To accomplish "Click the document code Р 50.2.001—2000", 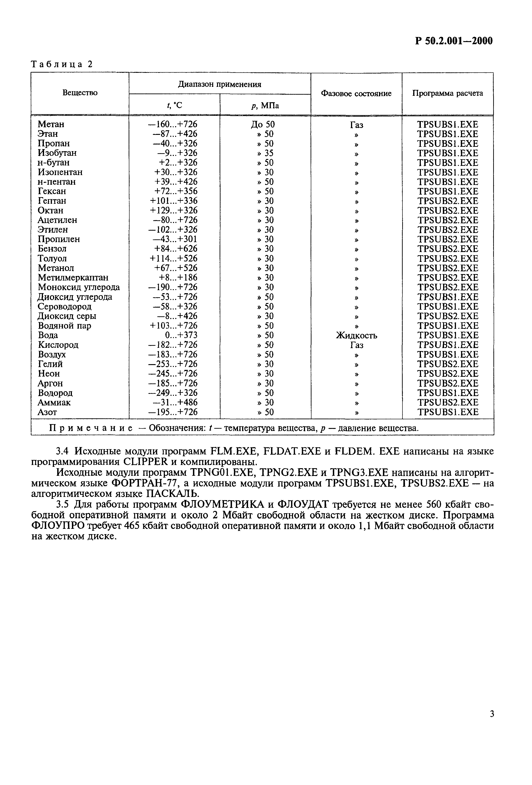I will coord(454,41).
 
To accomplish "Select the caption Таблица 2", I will coord(62,64).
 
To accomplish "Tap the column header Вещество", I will coord(80,93).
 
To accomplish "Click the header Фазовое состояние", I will coord(356,94).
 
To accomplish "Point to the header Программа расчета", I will coord(447,94).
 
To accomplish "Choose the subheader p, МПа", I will coord(265,106).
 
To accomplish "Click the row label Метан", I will coord(51,124).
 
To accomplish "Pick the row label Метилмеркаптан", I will coord(73,278).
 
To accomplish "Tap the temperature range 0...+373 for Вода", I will coord(181,335).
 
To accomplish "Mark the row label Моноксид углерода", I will coord(79,287).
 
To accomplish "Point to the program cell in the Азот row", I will coord(447,412).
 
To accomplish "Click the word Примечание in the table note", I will coord(91,428).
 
